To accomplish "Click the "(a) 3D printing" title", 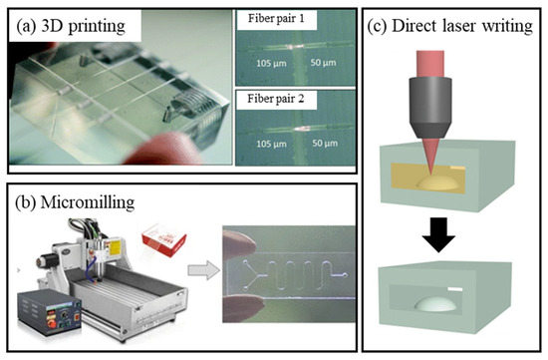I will (73, 26).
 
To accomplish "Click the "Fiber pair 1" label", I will (276, 20).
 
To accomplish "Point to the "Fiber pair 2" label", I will (276, 98).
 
